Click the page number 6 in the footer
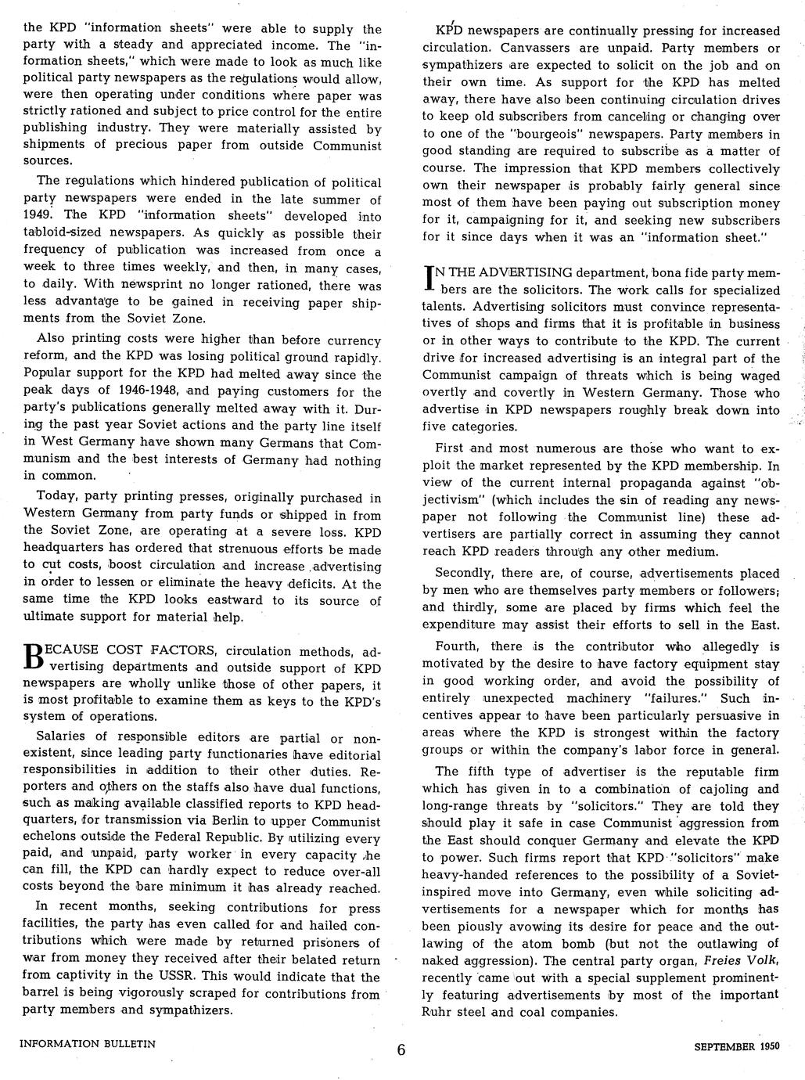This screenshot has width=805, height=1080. click(x=401, y=1049)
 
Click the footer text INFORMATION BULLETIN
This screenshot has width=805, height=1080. click(x=88, y=1043)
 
